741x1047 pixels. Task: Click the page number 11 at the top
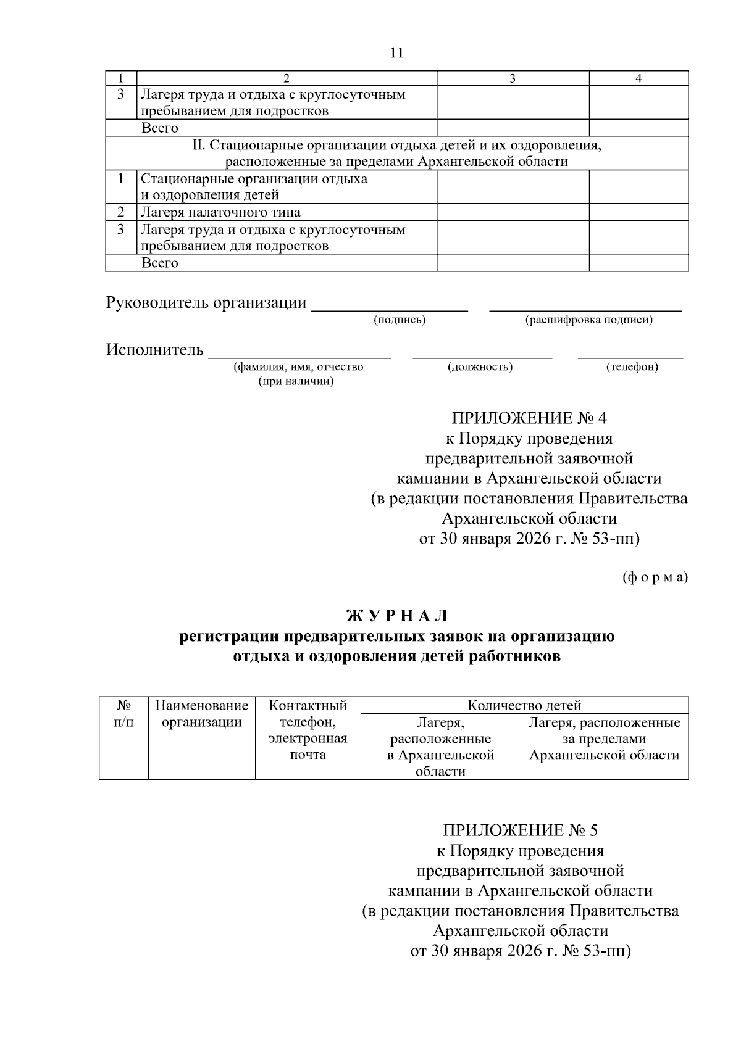396,52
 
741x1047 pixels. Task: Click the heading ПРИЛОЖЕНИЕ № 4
529,418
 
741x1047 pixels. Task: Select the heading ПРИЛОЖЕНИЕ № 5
520,830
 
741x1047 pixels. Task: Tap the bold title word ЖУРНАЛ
396,616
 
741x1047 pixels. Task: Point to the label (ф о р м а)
654,577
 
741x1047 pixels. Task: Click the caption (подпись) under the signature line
400,320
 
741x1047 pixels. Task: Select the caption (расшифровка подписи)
588,320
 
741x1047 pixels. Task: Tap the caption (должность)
480,367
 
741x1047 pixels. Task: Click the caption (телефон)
632,367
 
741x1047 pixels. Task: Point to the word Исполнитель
155,350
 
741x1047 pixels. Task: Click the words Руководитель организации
206,303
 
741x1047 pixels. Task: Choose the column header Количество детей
524,705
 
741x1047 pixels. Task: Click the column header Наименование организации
202,714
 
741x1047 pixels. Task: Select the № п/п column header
124,714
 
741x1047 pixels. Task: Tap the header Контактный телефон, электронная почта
308,730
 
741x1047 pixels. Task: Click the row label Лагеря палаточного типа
220,212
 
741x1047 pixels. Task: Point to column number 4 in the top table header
638,78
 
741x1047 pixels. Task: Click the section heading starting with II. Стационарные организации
396,153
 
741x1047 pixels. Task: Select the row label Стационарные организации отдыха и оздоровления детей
254,187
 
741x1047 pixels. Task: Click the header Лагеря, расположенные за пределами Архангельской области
604,739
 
